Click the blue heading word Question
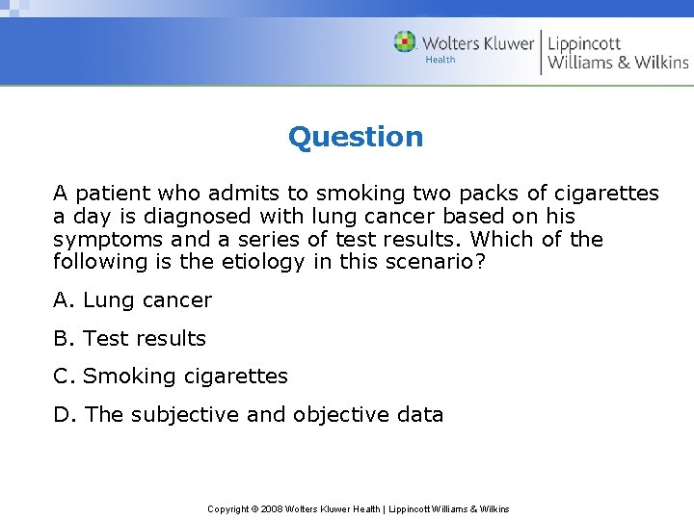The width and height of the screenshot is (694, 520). [x=356, y=137]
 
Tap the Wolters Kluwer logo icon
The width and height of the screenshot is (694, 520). [x=405, y=42]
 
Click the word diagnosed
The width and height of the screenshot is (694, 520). [x=174, y=217]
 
